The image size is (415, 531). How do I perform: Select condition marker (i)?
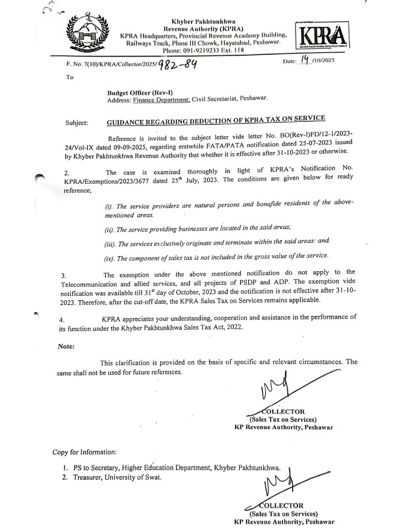[108, 207]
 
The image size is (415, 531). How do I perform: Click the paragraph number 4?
[66, 318]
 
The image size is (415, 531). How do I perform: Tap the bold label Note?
[66, 346]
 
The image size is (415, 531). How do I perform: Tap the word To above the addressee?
[70, 78]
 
